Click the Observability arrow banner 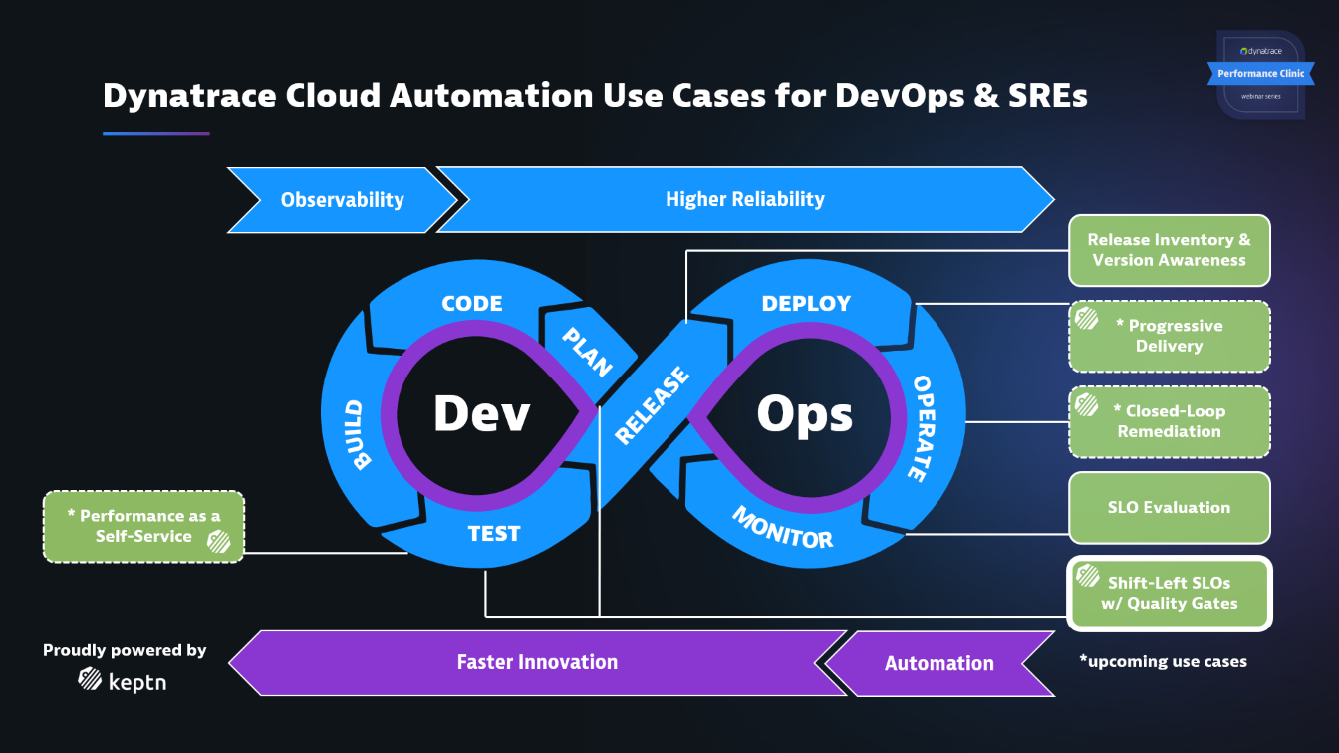pos(342,200)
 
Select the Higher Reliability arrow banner pos(744,199)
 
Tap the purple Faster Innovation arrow pos(537,662)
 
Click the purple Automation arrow pos(938,663)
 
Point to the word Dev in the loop pos(481,413)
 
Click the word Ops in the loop pos(804,413)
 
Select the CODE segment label pos(471,304)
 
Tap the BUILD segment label pos(357,435)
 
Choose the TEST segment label pos(494,534)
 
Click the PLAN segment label pos(587,351)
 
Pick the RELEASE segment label pos(652,406)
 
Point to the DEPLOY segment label pos(806,304)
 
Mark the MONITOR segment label pos(782,527)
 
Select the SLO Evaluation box pos(1169,507)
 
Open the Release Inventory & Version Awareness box pos(1169,250)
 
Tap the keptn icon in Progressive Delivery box pos(1086,318)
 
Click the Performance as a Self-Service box pos(143,526)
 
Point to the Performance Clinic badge pos(1260,73)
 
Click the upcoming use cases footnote pos(1163,661)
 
